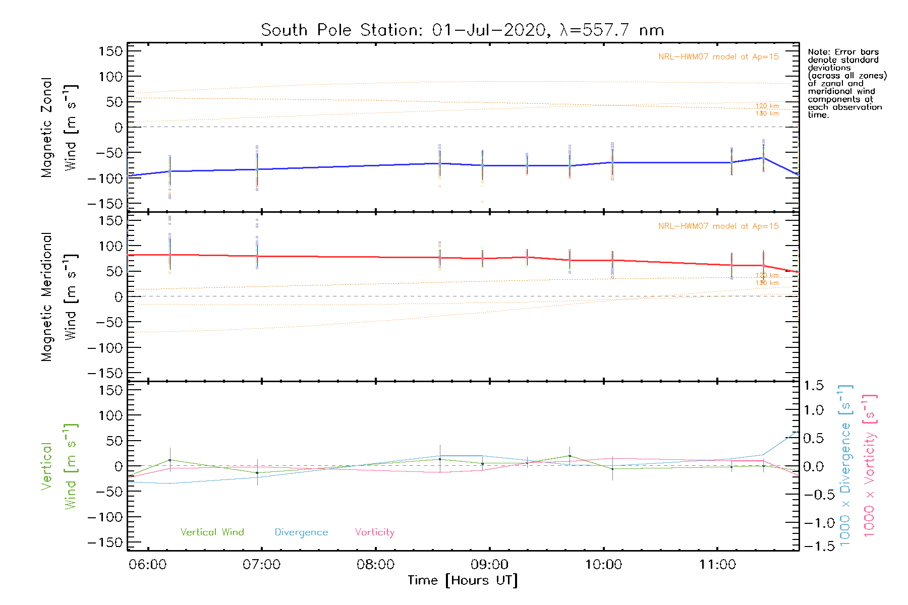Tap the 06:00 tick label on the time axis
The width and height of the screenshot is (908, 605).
(x=147, y=564)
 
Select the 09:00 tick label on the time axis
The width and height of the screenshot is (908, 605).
(x=489, y=564)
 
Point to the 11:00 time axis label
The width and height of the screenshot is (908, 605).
(x=717, y=564)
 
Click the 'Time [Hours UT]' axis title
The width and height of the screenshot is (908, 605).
(x=463, y=580)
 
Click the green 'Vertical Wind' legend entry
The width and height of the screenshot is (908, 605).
(x=212, y=532)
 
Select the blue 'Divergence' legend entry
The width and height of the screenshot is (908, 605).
(x=301, y=532)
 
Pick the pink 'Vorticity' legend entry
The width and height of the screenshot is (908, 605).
(x=374, y=532)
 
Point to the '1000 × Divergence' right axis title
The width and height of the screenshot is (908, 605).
(x=845, y=465)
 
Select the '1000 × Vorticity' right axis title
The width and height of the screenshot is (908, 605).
(x=869, y=465)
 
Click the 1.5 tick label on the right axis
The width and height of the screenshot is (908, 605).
(x=814, y=386)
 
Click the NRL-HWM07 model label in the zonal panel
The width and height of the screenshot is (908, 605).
(x=718, y=57)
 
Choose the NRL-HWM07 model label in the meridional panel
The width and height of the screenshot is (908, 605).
(x=718, y=226)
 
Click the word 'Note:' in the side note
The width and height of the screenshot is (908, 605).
(x=819, y=52)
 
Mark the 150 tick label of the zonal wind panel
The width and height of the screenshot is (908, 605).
(x=111, y=51)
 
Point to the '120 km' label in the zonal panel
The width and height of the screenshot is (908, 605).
(x=767, y=106)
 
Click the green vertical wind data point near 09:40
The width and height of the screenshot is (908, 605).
(x=570, y=456)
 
